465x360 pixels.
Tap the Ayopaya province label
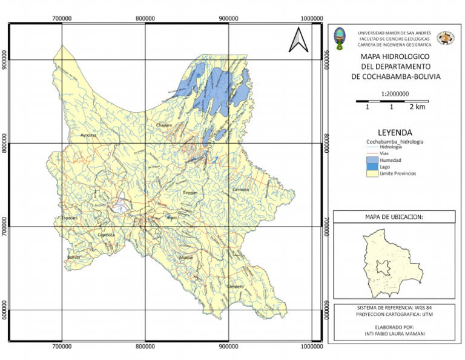[x=89, y=135]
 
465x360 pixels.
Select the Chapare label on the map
[x=164, y=125]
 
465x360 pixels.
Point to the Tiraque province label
[x=190, y=193]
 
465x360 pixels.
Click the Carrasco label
[x=241, y=190]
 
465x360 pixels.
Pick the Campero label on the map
[x=235, y=286]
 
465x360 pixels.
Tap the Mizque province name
[x=186, y=258]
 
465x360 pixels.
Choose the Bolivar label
[x=74, y=257]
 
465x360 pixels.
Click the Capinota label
[x=106, y=235]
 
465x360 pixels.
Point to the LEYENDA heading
[x=395, y=132]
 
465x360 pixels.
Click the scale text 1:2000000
[x=395, y=93]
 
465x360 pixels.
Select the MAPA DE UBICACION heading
[x=394, y=216]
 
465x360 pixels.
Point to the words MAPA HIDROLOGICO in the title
[x=395, y=56]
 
